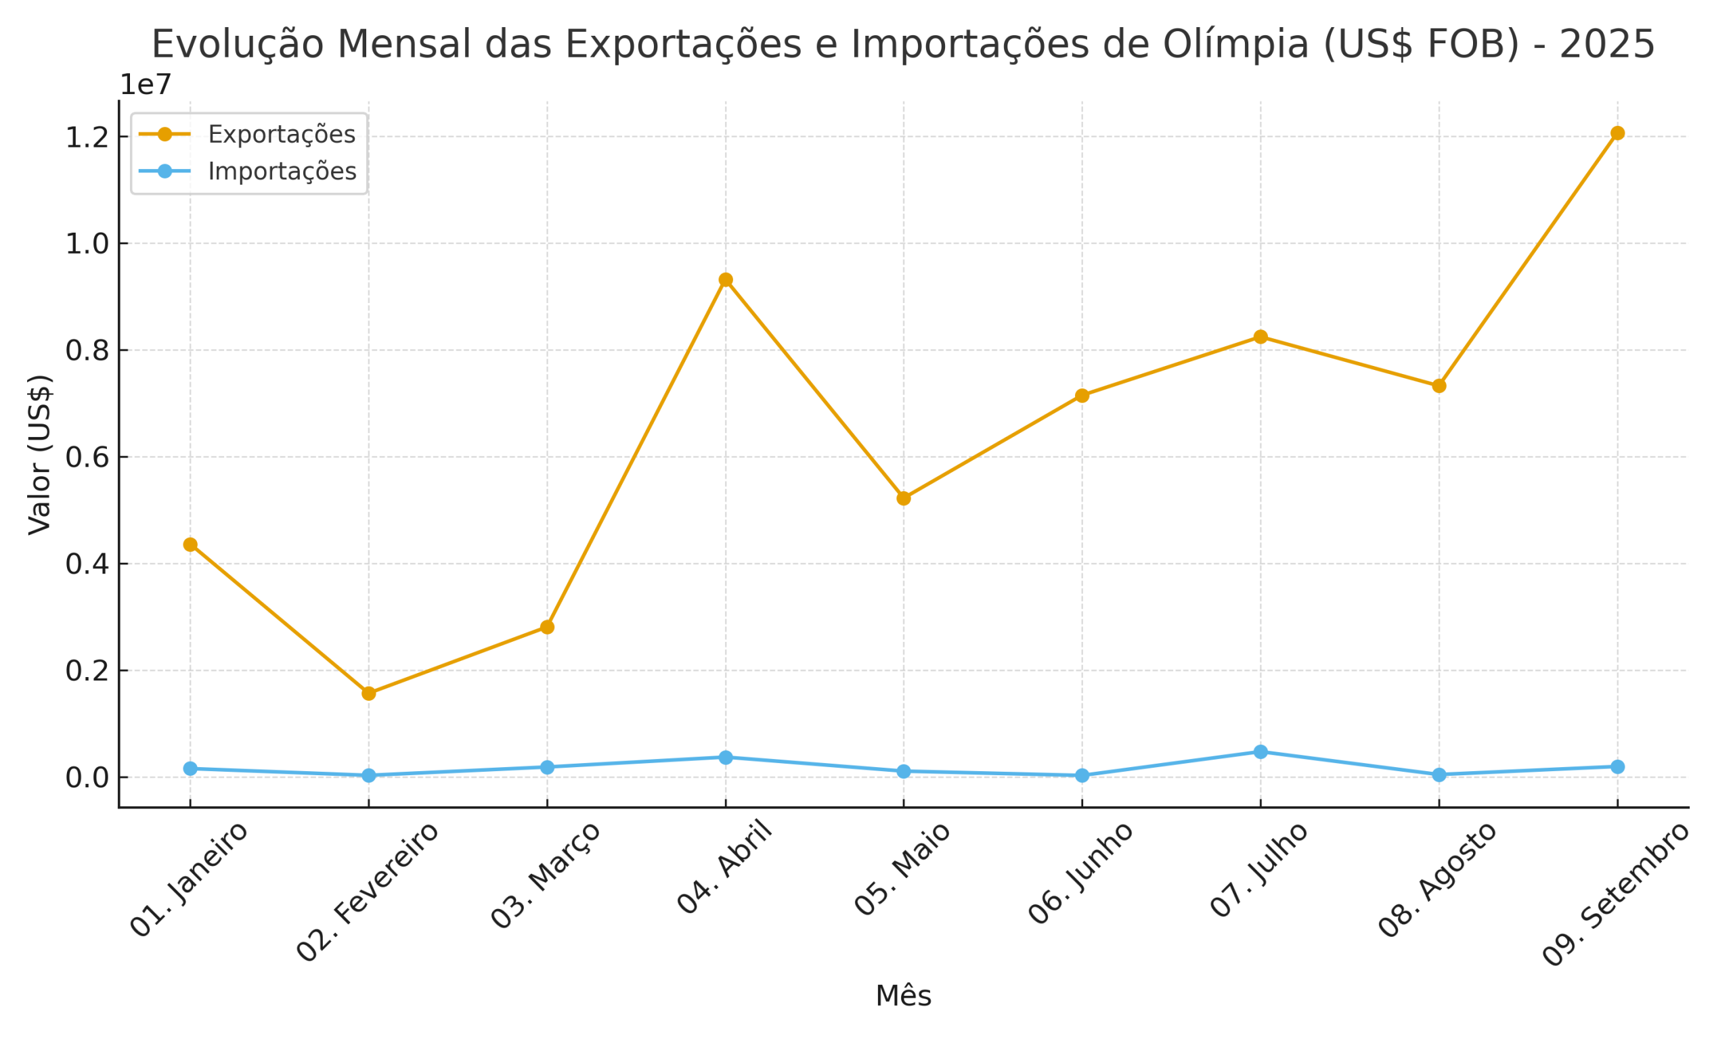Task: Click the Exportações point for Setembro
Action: coord(1617,133)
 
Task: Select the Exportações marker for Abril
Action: coord(726,279)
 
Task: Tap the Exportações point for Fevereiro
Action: coord(368,693)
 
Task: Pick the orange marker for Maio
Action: coord(904,499)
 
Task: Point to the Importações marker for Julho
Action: coord(1260,752)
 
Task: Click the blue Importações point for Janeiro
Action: coord(190,768)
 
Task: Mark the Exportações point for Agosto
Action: coord(1439,386)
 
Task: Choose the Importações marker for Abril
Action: coord(726,758)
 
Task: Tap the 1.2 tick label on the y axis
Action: coord(87,138)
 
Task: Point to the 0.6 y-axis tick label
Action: coord(87,458)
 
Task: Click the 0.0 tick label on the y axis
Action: coord(87,778)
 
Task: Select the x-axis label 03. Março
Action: coord(545,875)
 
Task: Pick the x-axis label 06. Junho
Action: coord(1080,873)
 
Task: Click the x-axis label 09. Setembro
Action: coord(1616,894)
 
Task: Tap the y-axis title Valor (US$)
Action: coord(40,455)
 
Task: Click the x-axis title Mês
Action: coord(904,996)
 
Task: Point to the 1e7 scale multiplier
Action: coord(146,85)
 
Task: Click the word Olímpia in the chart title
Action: coord(1235,44)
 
